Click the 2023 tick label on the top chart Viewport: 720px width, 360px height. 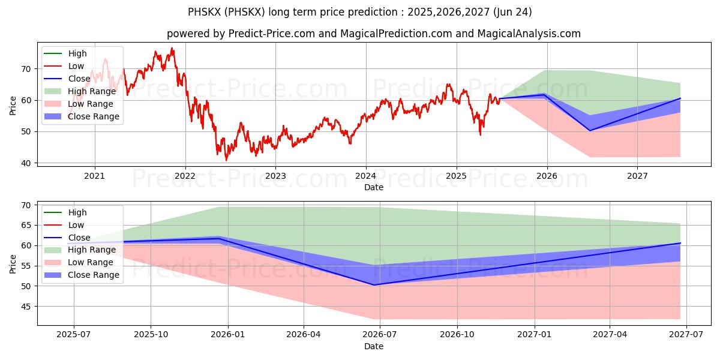click(x=275, y=176)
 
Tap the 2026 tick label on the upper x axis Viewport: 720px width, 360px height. click(x=547, y=176)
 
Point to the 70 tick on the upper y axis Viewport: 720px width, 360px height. click(x=26, y=69)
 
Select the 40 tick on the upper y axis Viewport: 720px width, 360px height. click(x=26, y=163)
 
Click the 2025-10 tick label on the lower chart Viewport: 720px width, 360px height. click(x=151, y=335)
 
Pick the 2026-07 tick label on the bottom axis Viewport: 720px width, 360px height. click(x=380, y=335)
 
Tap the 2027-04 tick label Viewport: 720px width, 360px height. click(x=610, y=335)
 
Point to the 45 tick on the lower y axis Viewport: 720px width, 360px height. click(x=26, y=307)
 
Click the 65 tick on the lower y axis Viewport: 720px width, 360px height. click(x=26, y=226)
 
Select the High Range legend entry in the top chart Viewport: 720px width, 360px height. click(x=80, y=91)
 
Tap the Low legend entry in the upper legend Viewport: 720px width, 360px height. click(x=64, y=66)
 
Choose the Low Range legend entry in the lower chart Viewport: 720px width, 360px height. click(x=79, y=263)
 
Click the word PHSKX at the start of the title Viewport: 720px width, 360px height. click(x=204, y=12)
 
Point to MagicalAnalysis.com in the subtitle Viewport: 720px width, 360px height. click(x=529, y=34)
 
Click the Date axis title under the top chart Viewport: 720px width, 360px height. click(x=373, y=187)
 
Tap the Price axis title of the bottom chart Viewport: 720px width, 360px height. click(x=13, y=264)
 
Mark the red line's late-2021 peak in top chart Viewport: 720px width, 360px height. click(x=172, y=48)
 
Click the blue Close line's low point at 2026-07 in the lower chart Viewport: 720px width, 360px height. click(x=373, y=285)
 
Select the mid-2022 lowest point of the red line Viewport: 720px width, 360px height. click(x=226, y=160)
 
